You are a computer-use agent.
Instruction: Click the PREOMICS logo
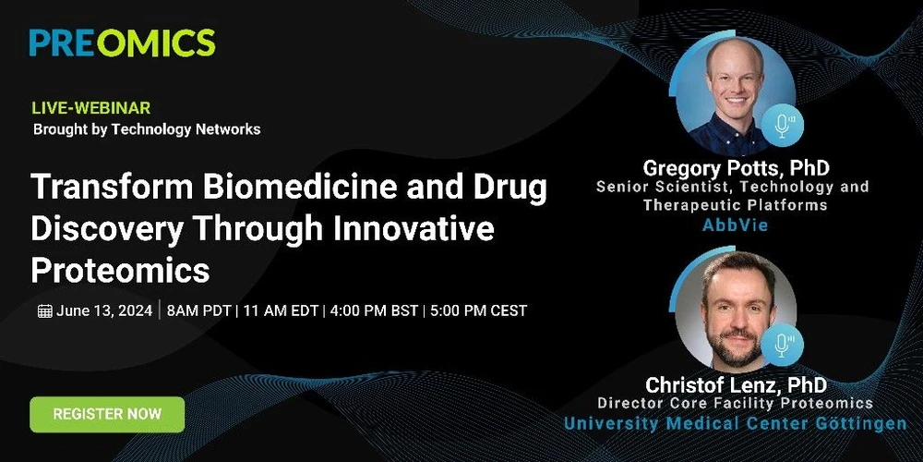[122, 43]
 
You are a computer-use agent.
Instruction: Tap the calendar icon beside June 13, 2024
[44, 311]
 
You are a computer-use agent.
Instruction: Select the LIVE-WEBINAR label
[91, 108]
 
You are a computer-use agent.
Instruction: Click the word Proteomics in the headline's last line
[120, 270]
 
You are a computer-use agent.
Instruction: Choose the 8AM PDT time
[198, 310]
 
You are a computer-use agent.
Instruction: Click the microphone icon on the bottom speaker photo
[784, 346]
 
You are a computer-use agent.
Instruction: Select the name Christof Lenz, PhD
[736, 384]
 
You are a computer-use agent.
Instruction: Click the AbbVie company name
[735, 225]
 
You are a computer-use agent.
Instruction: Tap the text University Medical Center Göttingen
[736, 424]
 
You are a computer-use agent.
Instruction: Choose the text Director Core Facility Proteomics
[736, 404]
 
